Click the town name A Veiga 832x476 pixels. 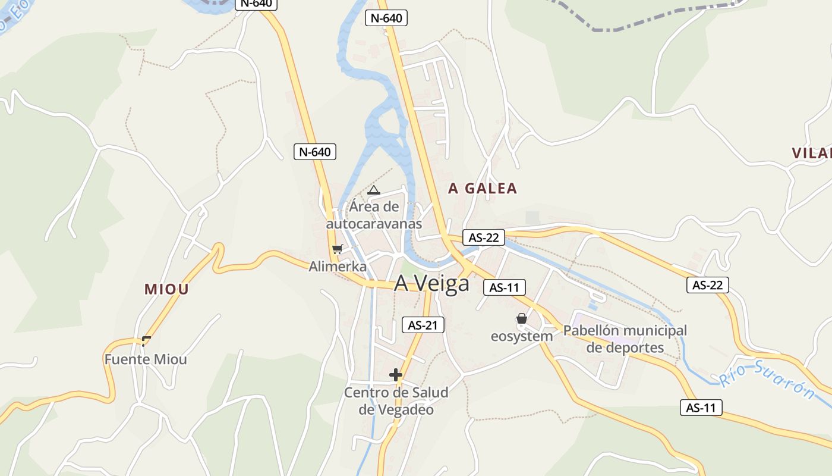[x=431, y=284]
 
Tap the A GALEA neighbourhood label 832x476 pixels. [x=483, y=189]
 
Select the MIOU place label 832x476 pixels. [x=166, y=289]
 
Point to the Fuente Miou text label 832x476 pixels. [x=146, y=359]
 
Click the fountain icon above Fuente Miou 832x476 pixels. [x=146, y=341]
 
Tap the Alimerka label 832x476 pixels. [x=338, y=267]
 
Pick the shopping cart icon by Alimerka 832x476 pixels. [x=337, y=249]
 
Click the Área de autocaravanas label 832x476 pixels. [x=374, y=215]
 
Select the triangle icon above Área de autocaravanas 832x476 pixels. [x=373, y=190]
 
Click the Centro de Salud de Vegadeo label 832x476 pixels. [x=396, y=401]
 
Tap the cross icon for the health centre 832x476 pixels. [x=396, y=375]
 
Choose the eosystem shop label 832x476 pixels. [x=521, y=336]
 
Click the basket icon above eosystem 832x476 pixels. [x=522, y=319]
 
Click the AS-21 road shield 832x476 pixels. [x=423, y=325]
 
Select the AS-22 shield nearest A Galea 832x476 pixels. [x=484, y=237]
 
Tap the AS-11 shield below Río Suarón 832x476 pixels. [x=701, y=408]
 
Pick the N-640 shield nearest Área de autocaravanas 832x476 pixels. [x=315, y=152]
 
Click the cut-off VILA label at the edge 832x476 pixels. [x=812, y=153]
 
